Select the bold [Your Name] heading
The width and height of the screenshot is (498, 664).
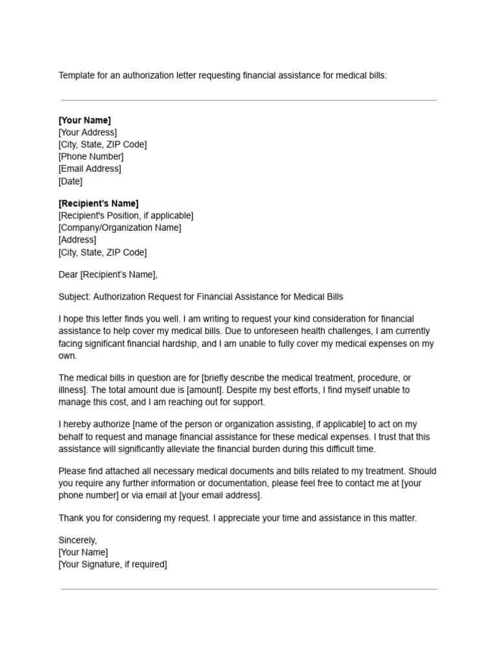coord(84,120)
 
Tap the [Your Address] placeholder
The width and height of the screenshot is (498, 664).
coord(88,132)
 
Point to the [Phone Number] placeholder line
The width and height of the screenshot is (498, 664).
coord(91,156)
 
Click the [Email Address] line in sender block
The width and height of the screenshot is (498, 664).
coord(89,169)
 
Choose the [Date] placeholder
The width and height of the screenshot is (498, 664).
coord(70,182)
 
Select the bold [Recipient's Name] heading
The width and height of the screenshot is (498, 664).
coord(98,203)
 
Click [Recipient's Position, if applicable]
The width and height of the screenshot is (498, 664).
coord(126,215)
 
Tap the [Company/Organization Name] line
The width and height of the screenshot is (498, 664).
coord(120,228)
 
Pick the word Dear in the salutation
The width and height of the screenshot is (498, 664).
coord(68,274)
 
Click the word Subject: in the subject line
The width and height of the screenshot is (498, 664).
coord(75,296)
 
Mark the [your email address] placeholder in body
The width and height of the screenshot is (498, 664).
coord(220,495)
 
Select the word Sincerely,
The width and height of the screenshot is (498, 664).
coord(77,539)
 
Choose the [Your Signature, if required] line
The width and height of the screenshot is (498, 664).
coord(113,564)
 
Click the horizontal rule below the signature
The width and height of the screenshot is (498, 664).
coord(249,589)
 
